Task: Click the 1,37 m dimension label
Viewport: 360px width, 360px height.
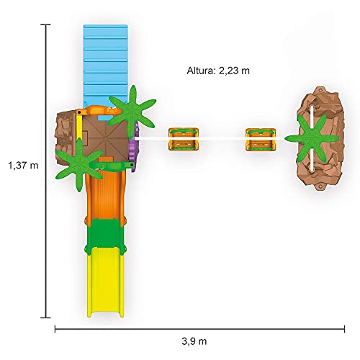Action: click(23, 166)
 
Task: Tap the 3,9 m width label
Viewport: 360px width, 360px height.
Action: click(194, 341)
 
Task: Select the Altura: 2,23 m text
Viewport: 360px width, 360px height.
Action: click(218, 71)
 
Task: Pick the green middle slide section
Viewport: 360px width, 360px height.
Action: click(106, 233)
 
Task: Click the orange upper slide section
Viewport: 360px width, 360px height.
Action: click(106, 194)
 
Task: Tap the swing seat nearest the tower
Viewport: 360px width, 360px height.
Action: click(184, 139)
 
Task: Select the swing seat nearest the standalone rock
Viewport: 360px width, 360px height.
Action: click(261, 140)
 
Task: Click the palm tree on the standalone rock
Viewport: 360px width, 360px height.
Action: click(312, 138)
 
